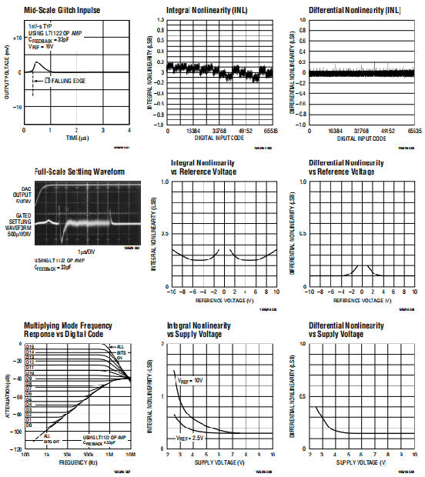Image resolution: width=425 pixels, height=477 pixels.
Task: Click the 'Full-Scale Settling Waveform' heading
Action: (80, 172)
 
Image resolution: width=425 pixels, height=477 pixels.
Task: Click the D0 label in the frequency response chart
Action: (29, 425)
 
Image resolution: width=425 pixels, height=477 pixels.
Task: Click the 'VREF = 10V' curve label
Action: (192, 379)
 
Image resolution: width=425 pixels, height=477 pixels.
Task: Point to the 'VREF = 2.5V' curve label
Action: (192, 437)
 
